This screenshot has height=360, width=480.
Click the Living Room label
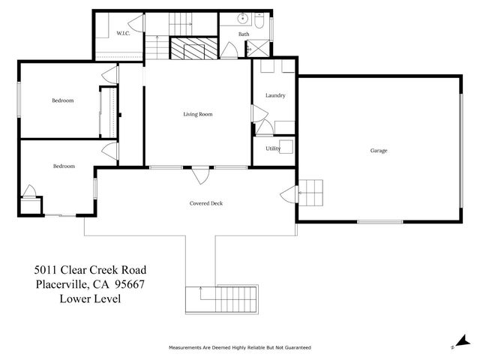pyautogui.click(x=198, y=114)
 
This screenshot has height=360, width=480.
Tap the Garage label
pyautogui.click(x=378, y=151)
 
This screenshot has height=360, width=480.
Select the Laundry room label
pyautogui.click(x=275, y=95)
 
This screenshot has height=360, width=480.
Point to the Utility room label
pyautogui.click(x=272, y=148)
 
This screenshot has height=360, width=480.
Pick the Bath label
pyautogui.click(x=244, y=34)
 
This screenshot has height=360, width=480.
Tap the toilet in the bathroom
pyautogui.click(x=259, y=21)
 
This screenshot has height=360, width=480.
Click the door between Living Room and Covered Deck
pyautogui.click(x=199, y=175)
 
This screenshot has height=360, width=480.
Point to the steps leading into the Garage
pyautogui.click(x=313, y=194)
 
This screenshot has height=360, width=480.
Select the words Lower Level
pyautogui.click(x=90, y=298)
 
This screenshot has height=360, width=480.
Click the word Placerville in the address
pyautogui.click(x=61, y=284)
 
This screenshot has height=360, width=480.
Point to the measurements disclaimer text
pyautogui.click(x=239, y=348)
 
